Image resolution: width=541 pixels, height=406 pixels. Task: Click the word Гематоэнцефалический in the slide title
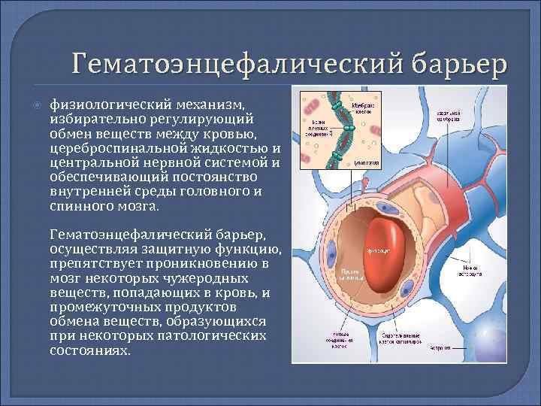[219, 62]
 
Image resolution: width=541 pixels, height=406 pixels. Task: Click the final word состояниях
[90, 350]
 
